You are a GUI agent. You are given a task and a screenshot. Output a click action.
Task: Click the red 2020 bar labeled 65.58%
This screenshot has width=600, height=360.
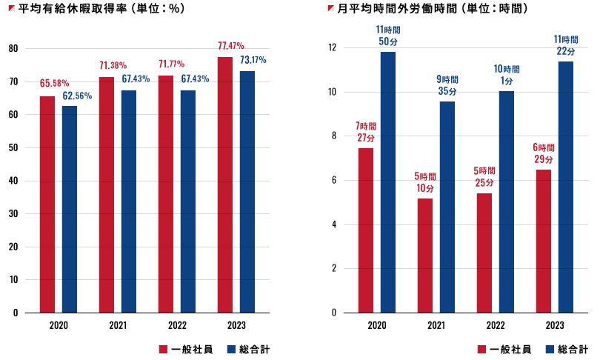click(x=47, y=204)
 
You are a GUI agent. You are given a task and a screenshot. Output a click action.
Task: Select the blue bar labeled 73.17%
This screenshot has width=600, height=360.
click(x=247, y=192)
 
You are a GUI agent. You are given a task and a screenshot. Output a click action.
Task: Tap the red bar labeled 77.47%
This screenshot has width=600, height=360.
click(x=225, y=184)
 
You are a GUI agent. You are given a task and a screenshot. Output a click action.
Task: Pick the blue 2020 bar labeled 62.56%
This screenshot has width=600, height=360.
click(x=70, y=209)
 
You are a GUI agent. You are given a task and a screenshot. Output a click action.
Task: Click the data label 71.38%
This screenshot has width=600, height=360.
click(x=113, y=65)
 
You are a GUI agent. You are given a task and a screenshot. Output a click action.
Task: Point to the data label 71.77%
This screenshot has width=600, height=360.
click(x=172, y=64)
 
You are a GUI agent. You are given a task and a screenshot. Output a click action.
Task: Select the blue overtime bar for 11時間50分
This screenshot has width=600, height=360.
click(x=388, y=182)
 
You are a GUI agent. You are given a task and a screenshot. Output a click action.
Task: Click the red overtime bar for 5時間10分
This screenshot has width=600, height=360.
click(x=425, y=256)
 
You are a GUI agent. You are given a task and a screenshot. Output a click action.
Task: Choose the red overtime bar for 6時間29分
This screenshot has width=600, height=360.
click(x=544, y=241)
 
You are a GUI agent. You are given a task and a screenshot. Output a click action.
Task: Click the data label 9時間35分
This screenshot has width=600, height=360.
click(x=447, y=84)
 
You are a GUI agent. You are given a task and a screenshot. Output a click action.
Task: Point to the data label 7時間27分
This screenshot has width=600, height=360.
click(x=365, y=131)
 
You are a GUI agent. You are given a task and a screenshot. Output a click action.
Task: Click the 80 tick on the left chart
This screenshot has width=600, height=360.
click(x=13, y=49)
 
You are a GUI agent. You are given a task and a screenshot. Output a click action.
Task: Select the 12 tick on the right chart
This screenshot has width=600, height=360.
click(x=332, y=47)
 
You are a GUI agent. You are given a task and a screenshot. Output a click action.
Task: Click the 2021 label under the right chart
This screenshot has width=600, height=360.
click(x=436, y=324)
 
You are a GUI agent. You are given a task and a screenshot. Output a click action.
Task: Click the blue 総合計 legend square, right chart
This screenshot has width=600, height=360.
click(x=550, y=349)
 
